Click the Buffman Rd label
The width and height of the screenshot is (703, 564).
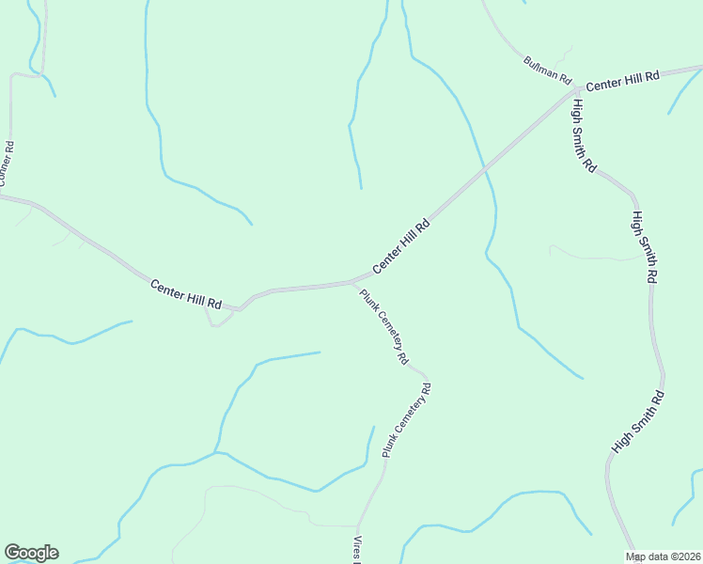pyautogui.click(x=548, y=69)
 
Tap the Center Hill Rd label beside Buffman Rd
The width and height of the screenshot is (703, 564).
pyautogui.click(x=623, y=80)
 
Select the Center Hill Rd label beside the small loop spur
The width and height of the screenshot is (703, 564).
pyautogui.click(x=185, y=294)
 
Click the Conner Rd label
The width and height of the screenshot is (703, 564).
pyautogui.click(x=8, y=164)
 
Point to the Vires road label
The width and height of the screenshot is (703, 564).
pyautogui.click(x=357, y=551)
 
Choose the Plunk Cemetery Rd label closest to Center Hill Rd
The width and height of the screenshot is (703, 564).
pyautogui.click(x=383, y=326)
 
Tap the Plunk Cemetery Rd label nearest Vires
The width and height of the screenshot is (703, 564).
pyautogui.click(x=406, y=420)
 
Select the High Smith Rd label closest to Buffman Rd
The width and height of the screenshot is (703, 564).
pyautogui.click(x=584, y=135)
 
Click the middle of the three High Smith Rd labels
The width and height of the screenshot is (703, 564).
pyautogui.click(x=643, y=247)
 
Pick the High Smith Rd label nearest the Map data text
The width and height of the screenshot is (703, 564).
pyautogui.click(x=638, y=422)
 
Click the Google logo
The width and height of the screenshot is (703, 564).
pyautogui.click(x=31, y=553)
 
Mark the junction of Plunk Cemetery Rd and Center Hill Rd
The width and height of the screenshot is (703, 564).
pyautogui.click(x=352, y=281)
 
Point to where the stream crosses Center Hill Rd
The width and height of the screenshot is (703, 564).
pyautogui.click(x=483, y=170)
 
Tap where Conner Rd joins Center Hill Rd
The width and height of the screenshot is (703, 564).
pyautogui.click(x=8, y=196)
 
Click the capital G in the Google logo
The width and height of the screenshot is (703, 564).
pyautogui.click(x=11, y=553)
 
